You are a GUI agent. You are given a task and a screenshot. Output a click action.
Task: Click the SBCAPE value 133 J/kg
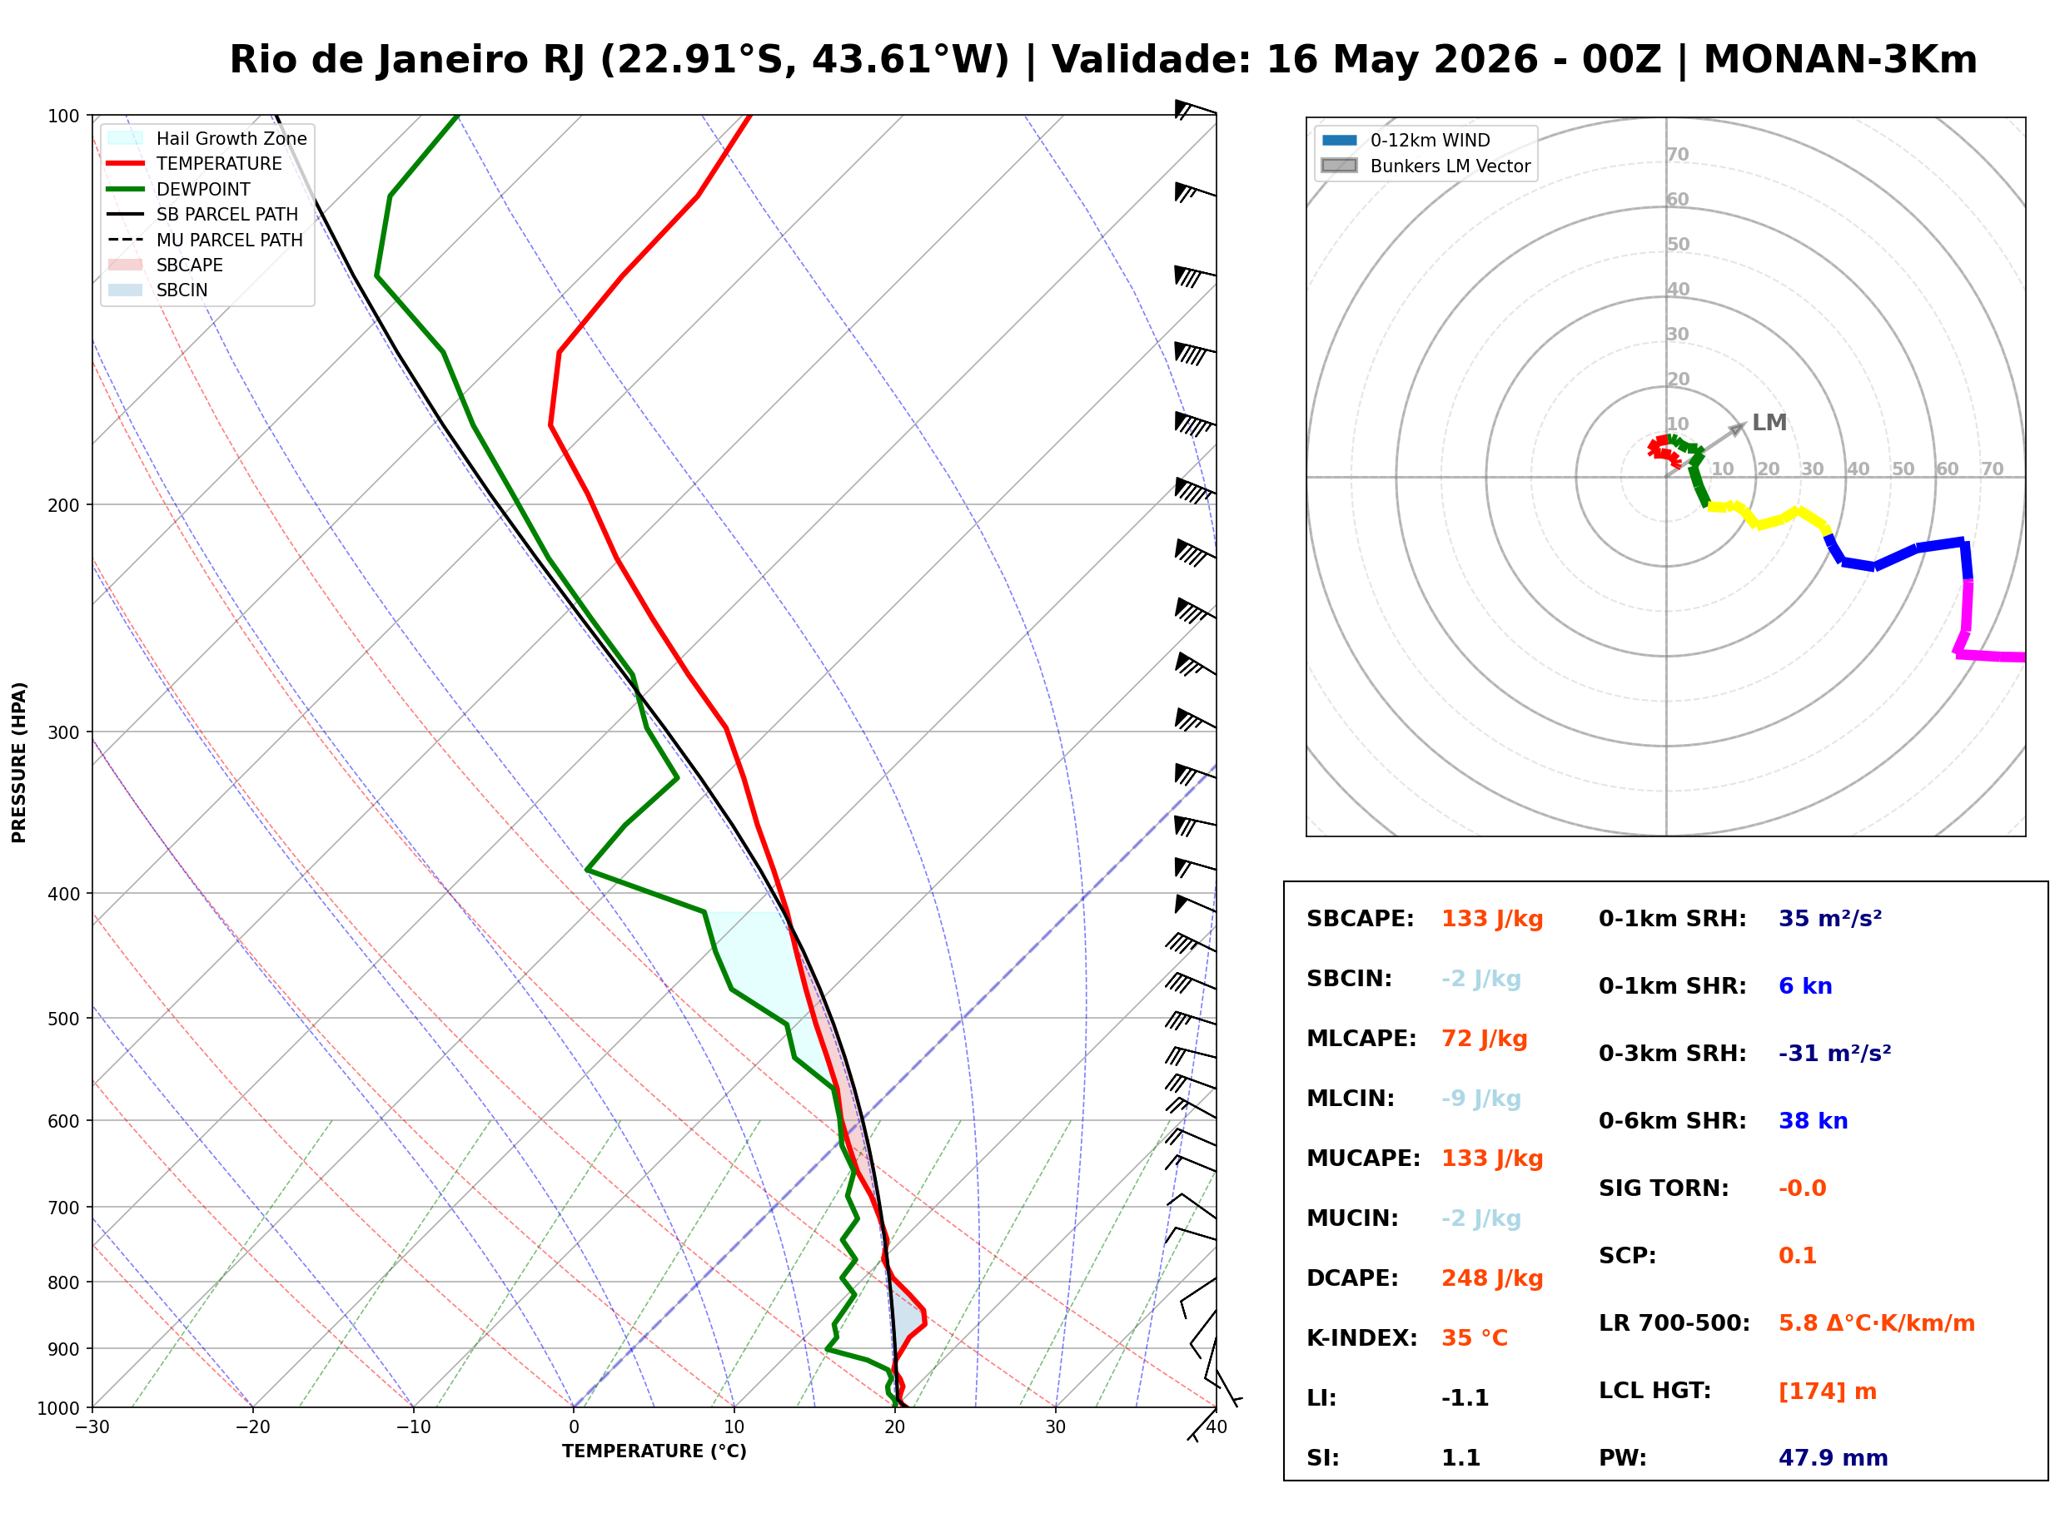[x=1492, y=919]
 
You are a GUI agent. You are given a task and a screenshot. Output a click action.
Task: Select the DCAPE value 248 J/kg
[x=1492, y=1278]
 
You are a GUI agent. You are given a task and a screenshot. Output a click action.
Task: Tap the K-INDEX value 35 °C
[x=1475, y=1338]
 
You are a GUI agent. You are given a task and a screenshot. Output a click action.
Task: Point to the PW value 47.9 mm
[x=1834, y=1458]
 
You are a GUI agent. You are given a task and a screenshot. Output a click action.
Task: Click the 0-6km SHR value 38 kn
[x=1813, y=1121]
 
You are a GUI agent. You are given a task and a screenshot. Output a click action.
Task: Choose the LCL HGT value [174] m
[x=1828, y=1392]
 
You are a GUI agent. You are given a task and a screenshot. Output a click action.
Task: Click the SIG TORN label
[x=1664, y=1188]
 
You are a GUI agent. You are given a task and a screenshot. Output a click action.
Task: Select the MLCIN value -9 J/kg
[x=1481, y=1099]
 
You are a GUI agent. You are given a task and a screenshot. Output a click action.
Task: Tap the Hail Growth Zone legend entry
[x=207, y=138]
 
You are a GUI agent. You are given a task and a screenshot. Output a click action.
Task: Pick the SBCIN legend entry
[x=157, y=290]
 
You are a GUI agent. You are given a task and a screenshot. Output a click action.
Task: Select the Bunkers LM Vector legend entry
[x=1426, y=166]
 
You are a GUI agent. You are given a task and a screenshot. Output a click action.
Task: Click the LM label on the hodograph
[x=1769, y=422]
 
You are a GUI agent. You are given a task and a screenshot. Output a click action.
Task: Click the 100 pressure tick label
[x=65, y=117]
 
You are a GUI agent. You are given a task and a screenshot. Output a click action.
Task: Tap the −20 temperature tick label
[x=251, y=1427]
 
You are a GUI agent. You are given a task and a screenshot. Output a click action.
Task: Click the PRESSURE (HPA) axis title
[x=19, y=762]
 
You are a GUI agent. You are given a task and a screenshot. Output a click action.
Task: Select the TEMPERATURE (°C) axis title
[x=654, y=1451]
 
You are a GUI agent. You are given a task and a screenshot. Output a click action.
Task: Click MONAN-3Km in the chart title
[x=1840, y=60]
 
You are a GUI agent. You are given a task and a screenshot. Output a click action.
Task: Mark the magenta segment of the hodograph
[x=1967, y=622]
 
